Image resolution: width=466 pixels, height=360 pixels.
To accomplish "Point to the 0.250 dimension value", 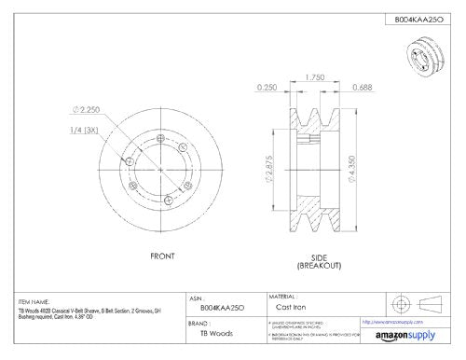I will pyautogui.click(x=267, y=90).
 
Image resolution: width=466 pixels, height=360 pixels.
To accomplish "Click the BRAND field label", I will pyautogui.click(x=198, y=325).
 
